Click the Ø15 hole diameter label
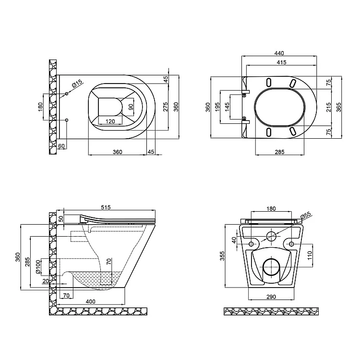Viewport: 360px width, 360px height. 77,84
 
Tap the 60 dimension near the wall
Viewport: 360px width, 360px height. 61,146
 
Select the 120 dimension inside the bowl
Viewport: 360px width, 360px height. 110,121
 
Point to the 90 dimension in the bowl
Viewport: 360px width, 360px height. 131,107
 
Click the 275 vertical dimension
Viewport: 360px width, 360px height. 166,107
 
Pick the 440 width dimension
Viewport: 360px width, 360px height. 279,53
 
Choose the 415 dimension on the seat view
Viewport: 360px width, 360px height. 281,62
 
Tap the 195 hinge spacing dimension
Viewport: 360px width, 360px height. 217,107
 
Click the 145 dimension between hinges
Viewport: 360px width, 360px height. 227,107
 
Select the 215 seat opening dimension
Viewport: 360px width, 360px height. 329,107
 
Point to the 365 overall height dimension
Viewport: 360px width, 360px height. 338,107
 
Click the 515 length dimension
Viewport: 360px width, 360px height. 106,207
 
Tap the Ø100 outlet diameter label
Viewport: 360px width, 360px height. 38,267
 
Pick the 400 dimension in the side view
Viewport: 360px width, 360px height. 90,301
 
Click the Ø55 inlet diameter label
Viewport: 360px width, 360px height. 306,215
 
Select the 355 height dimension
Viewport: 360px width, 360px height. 222,256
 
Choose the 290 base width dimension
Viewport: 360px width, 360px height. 271,297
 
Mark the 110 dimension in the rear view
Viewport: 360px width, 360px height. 310,255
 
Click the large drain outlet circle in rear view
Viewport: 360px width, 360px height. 271,267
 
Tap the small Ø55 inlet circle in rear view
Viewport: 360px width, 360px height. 271,236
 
